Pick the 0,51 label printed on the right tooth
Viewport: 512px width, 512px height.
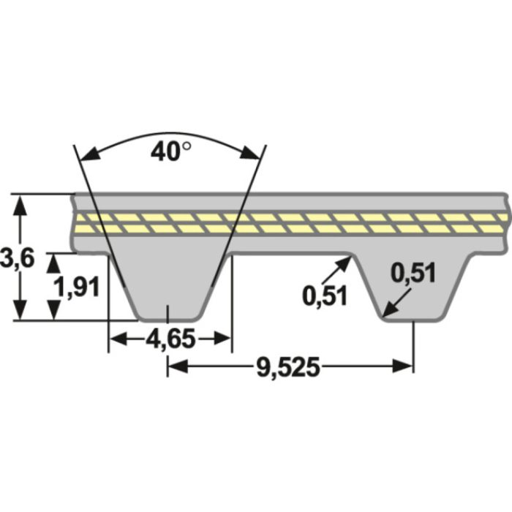click(413, 274)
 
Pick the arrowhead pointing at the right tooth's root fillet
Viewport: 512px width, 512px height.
click(349, 263)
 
